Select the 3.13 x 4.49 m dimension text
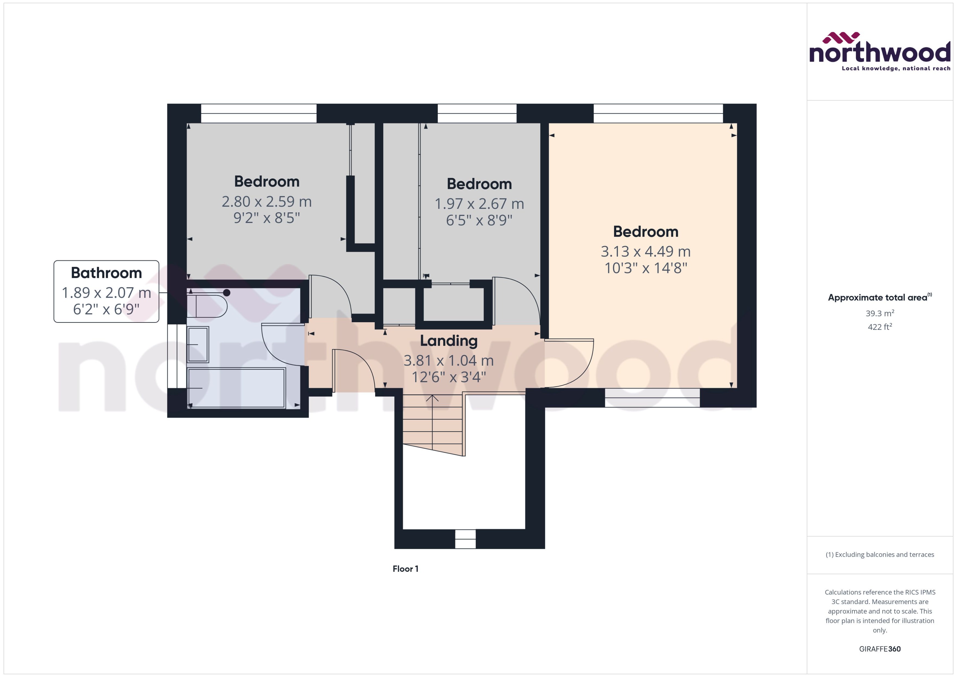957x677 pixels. click(646, 251)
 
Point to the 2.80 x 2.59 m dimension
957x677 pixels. click(267, 202)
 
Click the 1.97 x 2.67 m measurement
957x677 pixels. click(479, 204)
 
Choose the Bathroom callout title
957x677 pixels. click(106, 273)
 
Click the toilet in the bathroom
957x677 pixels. click(207, 306)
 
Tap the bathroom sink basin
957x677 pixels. click(198, 344)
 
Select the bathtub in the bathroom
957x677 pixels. click(237, 388)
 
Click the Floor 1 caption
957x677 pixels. click(405, 568)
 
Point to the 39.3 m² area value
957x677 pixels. click(879, 313)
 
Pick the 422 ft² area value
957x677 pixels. click(879, 327)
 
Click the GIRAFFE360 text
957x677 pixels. click(879, 649)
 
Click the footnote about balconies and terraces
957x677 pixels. click(879, 555)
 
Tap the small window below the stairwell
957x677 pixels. click(465, 539)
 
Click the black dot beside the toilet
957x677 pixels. click(226, 293)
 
